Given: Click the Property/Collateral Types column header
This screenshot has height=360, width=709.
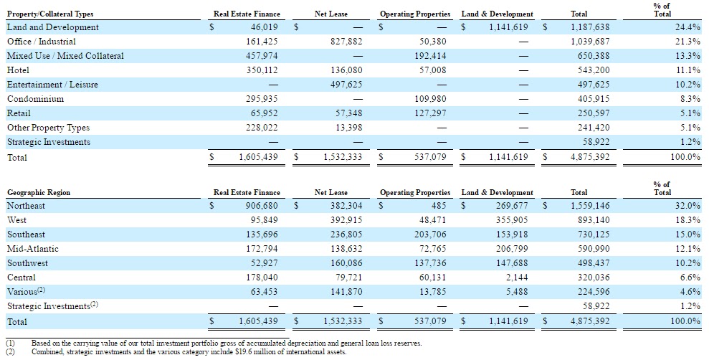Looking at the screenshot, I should (50, 14).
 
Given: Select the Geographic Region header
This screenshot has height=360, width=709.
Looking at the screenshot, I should (39, 192).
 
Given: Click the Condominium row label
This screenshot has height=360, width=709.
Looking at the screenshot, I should (35, 99).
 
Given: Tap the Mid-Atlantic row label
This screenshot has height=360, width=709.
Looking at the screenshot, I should (33, 249).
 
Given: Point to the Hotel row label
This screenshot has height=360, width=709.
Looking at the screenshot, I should (18, 70).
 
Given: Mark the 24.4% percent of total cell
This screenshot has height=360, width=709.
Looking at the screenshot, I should (687, 27).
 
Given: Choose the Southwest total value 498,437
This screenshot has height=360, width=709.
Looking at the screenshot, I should (594, 263).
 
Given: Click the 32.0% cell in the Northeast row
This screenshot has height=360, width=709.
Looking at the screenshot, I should (687, 206).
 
